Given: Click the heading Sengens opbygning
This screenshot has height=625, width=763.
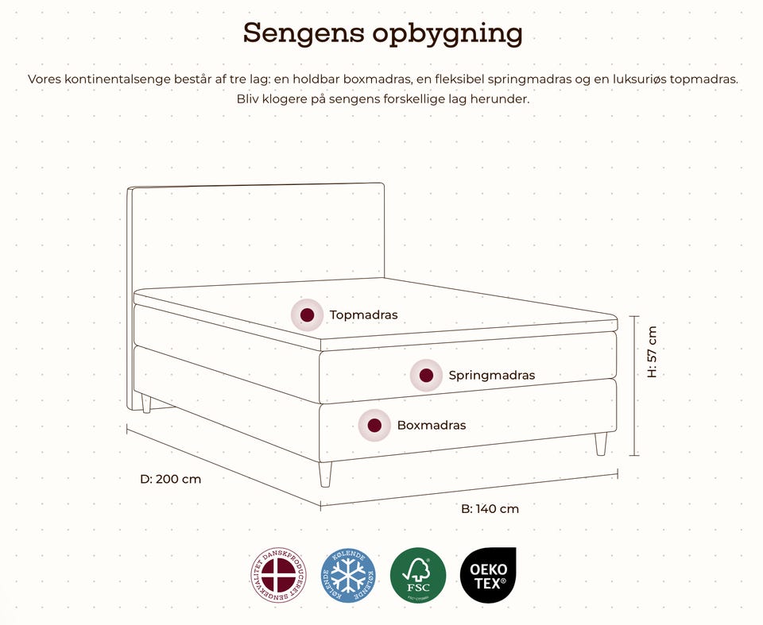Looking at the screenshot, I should pos(382,33).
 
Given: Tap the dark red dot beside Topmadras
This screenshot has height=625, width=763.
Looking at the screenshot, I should pos(307,314).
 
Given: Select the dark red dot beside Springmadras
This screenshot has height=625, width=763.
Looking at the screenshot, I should pos(426,375).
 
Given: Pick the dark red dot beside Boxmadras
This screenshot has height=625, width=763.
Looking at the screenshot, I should pos(374,425).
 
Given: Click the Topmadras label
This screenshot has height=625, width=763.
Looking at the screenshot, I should pos(363,315).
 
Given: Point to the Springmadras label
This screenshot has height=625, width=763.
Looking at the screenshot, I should pos(491,375).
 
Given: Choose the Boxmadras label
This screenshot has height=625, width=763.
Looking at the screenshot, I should pos(431,425).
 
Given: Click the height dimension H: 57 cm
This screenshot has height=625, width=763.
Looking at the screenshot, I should pos(652,352).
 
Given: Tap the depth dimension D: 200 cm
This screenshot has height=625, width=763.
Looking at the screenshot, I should pos(170,479).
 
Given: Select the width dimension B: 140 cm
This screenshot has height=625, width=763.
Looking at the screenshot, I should pos(490,508).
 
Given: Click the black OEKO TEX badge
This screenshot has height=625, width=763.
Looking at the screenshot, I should pos(488,575).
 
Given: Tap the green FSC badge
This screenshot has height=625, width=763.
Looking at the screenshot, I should pos(418,575).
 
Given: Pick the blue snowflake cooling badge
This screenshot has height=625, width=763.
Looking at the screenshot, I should pos(347,575).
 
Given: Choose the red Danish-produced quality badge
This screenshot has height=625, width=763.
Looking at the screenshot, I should pos(277,575).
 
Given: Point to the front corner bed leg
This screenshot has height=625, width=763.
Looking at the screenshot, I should pos(324,474).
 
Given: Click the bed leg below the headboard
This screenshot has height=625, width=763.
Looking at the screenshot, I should pos(145,403).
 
